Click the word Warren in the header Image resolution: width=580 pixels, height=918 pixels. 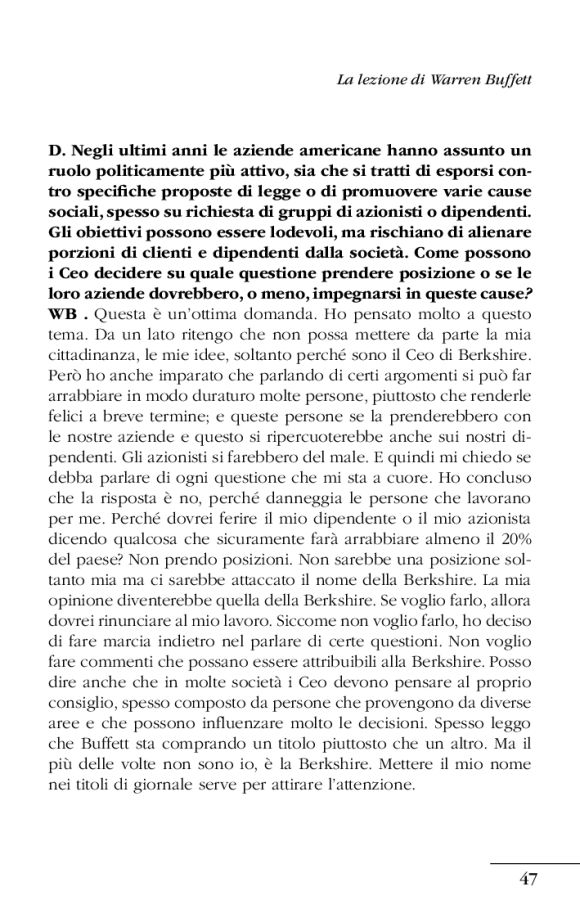tap(440, 76)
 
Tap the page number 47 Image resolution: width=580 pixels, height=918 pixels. tap(529, 880)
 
